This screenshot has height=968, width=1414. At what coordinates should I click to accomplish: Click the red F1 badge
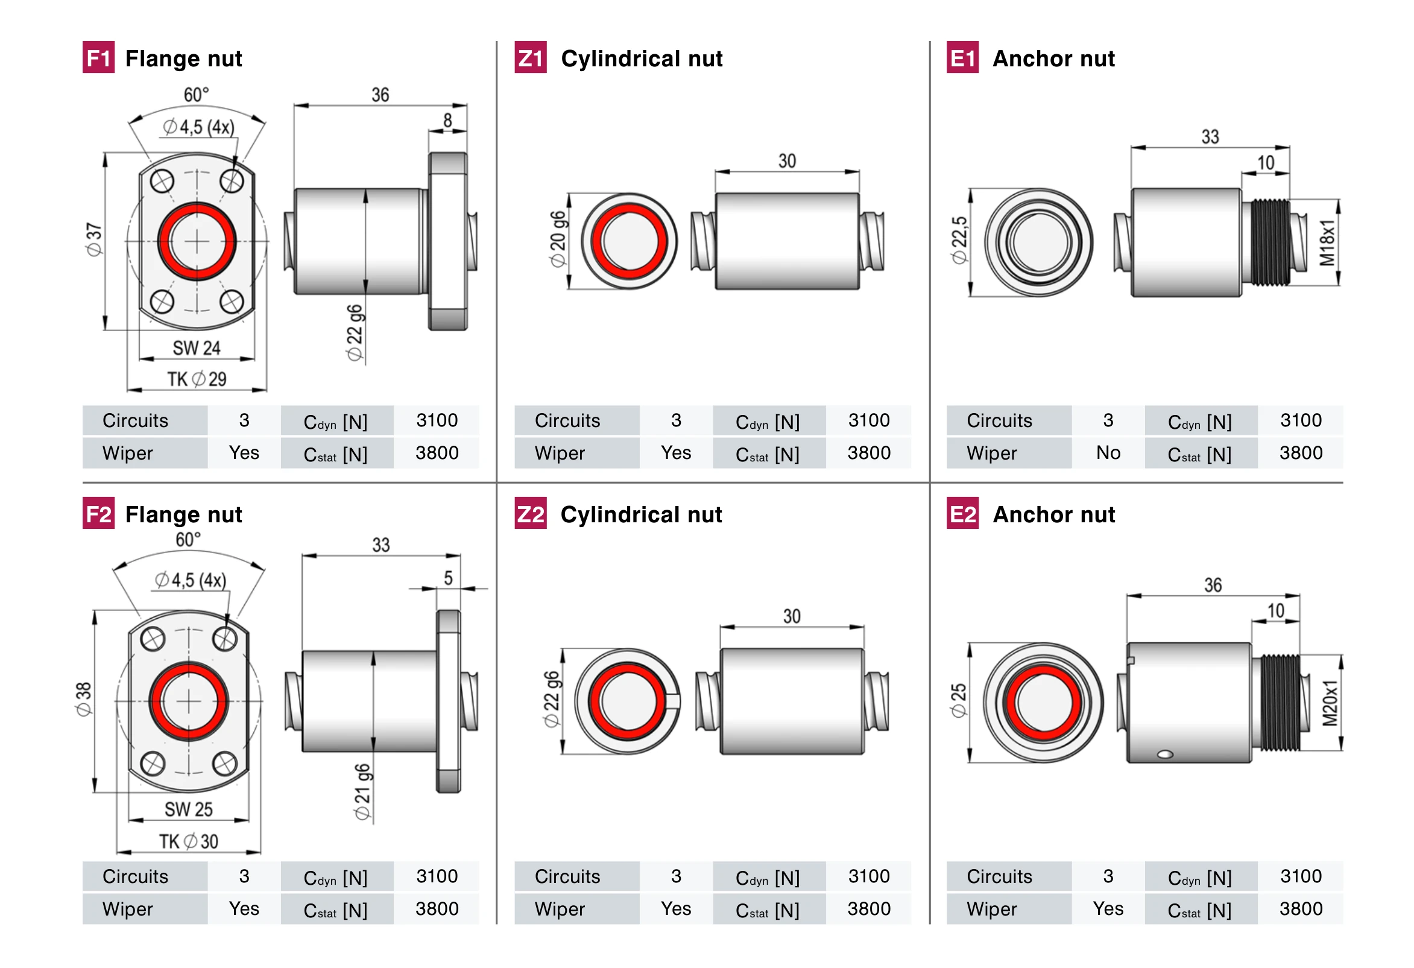coord(98,57)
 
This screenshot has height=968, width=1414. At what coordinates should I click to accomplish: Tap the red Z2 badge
coord(530,513)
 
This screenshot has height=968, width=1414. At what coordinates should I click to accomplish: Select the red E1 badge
coord(962,57)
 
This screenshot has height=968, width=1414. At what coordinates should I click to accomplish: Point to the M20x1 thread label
coord(1330,703)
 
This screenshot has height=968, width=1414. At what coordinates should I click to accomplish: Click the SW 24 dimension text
coord(196,348)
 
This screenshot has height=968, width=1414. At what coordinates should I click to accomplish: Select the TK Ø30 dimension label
coord(189,841)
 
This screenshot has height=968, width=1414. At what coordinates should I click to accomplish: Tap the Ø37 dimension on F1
coord(94,239)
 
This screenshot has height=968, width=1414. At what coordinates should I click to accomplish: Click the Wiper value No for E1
coord(1108,453)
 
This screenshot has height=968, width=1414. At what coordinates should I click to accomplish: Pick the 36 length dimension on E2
coord(1213,585)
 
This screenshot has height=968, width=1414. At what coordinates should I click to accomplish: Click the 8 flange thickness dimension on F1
coord(448,121)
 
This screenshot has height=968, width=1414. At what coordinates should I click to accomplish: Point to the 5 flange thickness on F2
coord(449,578)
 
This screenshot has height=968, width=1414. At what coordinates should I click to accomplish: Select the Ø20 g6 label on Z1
coord(557,239)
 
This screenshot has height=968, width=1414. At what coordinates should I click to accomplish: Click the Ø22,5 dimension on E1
coord(959,239)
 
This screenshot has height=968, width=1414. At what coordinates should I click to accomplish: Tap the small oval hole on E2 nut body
coord(1165,754)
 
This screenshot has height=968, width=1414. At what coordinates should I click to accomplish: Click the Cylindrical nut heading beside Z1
coord(642,59)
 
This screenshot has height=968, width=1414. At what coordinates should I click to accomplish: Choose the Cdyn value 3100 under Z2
coord(869,876)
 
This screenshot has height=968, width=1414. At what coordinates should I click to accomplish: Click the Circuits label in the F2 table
coord(135,876)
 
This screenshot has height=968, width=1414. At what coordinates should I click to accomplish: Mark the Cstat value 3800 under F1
coord(437,453)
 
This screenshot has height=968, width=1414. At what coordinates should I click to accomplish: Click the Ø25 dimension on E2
coord(958,700)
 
